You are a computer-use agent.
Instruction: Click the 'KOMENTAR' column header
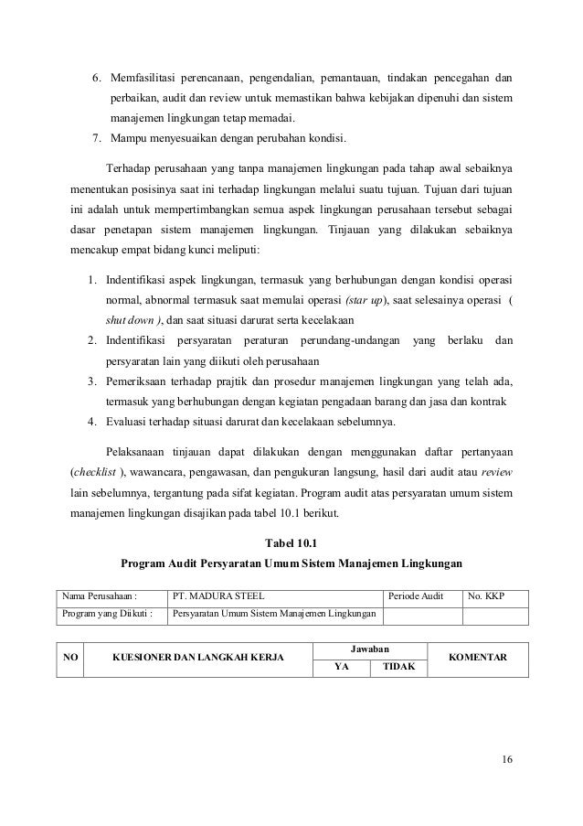coord(483,658)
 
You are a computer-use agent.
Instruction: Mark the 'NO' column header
coord(69,658)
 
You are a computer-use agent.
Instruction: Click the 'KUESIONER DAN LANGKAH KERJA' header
coord(197,658)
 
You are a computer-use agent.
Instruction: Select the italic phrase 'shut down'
coord(129,320)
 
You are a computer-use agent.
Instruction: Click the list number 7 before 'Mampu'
coord(96,139)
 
